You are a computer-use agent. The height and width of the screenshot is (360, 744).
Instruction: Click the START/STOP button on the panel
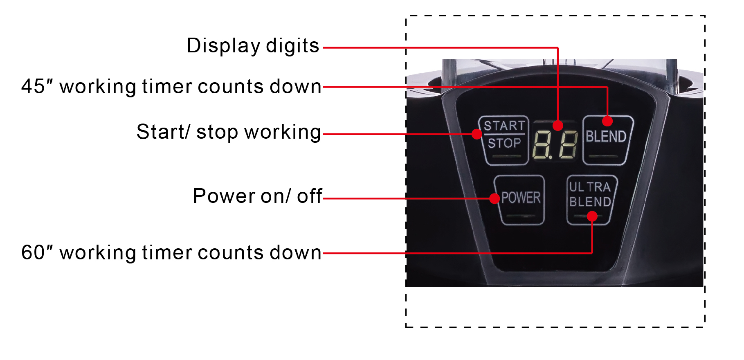coord(504,140)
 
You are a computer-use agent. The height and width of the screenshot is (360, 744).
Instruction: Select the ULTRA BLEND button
coord(591,200)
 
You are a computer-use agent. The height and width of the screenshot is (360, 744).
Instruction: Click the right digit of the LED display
coord(569,145)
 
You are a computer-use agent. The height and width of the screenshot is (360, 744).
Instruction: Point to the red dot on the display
coord(558,126)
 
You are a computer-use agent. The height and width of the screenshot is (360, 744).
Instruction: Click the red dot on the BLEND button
coord(607,121)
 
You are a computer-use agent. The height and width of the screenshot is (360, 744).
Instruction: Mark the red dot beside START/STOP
coord(477,134)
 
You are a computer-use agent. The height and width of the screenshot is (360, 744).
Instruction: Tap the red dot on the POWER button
coord(495,198)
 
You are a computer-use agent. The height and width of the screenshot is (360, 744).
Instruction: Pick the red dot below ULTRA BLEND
coord(592,216)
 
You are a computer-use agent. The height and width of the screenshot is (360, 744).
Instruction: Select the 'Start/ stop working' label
coord(229,133)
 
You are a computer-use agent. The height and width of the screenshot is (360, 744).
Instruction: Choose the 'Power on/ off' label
coord(258,196)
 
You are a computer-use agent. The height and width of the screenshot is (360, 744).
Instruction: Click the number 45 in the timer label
coord(33,86)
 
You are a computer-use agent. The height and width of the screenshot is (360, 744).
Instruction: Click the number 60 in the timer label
coord(33,252)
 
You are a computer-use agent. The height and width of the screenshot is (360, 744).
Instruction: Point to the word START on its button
coord(504,126)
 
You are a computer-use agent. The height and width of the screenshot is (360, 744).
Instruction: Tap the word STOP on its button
coord(504,143)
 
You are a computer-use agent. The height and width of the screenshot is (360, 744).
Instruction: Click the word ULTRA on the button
coord(590,187)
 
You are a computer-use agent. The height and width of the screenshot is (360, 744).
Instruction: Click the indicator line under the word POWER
coord(521,216)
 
